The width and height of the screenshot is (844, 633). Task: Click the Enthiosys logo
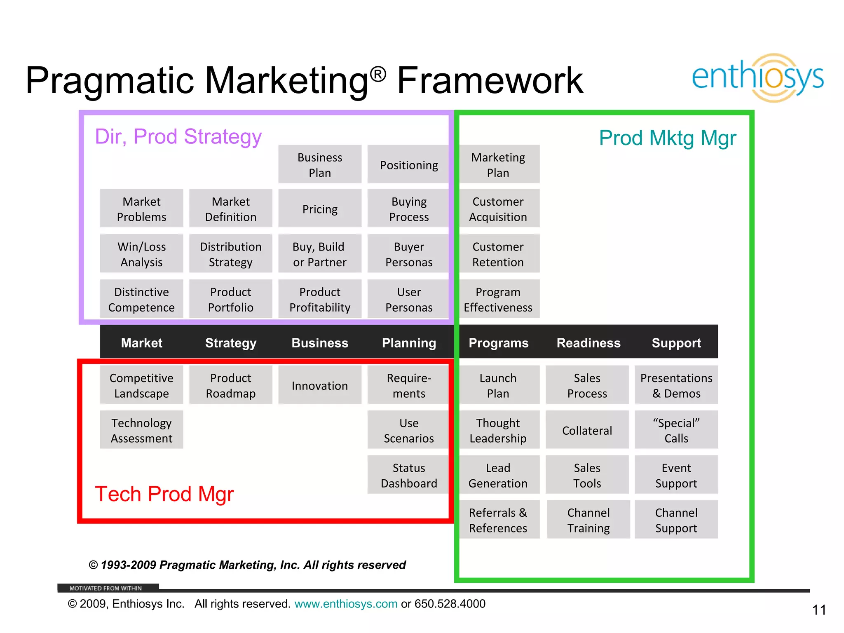[x=757, y=77]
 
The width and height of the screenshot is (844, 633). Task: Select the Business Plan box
[x=320, y=164]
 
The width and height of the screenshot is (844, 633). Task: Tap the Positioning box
[x=408, y=164]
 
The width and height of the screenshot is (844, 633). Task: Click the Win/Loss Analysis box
[x=141, y=254]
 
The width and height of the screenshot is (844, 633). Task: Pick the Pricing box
[x=320, y=209]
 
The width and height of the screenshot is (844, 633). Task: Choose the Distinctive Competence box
[x=141, y=299]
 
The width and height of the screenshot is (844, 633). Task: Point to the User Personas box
[x=408, y=299]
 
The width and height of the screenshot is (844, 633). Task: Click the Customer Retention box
[x=498, y=254]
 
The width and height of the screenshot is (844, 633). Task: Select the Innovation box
[x=320, y=385]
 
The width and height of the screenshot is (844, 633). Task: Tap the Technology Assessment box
[x=141, y=430]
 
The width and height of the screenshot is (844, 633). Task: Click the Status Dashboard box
[x=408, y=475]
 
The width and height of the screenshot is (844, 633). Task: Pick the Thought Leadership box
[x=498, y=430]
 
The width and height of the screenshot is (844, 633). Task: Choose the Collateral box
[x=587, y=430]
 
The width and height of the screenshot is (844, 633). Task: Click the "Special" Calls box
[x=676, y=430]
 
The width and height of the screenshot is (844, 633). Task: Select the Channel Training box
[x=588, y=520]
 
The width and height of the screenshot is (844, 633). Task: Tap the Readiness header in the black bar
[x=588, y=342]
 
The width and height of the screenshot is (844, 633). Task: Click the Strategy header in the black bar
[x=230, y=342]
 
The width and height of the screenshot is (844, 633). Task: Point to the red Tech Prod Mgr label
[x=164, y=493]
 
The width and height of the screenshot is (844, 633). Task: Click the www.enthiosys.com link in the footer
[x=346, y=604]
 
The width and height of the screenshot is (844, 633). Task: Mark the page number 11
[x=819, y=610]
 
